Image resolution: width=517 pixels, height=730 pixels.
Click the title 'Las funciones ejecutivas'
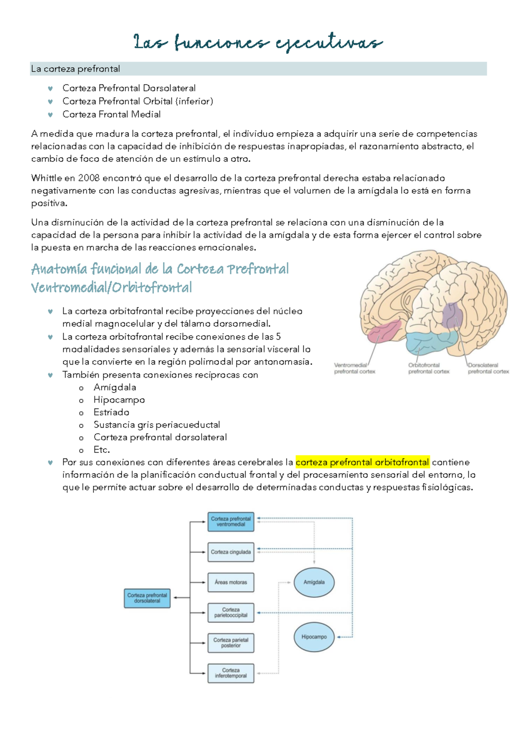(x=258, y=43)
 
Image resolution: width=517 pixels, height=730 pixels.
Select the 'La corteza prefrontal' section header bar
(x=258, y=69)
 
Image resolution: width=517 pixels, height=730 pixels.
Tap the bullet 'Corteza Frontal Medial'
(x=111, y=114)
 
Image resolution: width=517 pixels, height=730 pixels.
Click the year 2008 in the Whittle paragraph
(x=88, y=178)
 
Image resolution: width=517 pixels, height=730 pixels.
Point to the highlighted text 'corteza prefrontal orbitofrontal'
(x=362, y=462)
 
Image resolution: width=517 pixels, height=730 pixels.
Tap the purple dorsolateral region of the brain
(x=452, y=316)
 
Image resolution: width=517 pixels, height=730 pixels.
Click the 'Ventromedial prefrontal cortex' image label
(x=354, y=368)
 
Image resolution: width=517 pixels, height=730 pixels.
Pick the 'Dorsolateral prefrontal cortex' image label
(x=488, y=368)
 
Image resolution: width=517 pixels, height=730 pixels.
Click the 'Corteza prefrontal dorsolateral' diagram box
(x=147, y=598)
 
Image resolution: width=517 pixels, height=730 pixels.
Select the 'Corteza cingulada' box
(x=230, y=552)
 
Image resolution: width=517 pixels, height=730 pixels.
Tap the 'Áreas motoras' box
(x=230, y=582)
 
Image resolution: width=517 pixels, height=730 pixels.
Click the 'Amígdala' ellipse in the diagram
(x=314, y=582)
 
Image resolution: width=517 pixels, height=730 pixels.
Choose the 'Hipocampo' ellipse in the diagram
(x=314, y=637)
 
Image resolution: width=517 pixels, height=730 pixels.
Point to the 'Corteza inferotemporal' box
(x=230, y=673)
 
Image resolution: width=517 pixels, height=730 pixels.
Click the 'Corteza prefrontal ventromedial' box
(x=230, y=522)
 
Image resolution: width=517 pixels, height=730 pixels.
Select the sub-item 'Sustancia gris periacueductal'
(x=156, y=425)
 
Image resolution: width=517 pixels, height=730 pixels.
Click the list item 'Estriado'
(x=111, y=412)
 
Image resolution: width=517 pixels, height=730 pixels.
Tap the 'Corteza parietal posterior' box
(x=230, y=643)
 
